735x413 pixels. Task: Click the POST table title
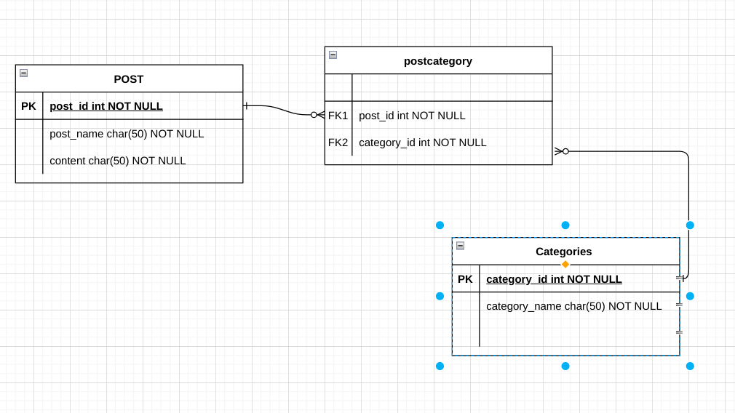[x=129, y=79]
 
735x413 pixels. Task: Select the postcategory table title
[x=438, y=61]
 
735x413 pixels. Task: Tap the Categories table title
[x=564, y=252]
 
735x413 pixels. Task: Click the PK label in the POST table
[x=28, y=106]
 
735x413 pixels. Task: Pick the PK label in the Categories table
[x=465, y=279]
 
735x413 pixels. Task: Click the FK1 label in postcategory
[x=338, y=116]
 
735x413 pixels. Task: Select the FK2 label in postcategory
[x=338, y=143]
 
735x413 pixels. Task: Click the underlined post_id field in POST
[x=106, y=106]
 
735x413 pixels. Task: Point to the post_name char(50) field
[x=127, y=134]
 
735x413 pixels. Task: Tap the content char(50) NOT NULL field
[x=118, y=161]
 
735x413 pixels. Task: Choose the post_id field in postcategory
[x=412, y=116]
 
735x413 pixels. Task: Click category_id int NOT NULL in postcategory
[x=423, y=143]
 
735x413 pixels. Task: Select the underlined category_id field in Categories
[x=554, y=279]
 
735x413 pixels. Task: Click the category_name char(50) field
[x=574, y=306]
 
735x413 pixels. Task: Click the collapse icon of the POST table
[x=23, y=73]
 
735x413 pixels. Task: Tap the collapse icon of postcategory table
[x=333, y=55]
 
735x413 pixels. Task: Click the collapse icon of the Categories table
[x=460, y=246]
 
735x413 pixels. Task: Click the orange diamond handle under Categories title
[x=565, y=265]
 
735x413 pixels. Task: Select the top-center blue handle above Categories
[x=565, y=225]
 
